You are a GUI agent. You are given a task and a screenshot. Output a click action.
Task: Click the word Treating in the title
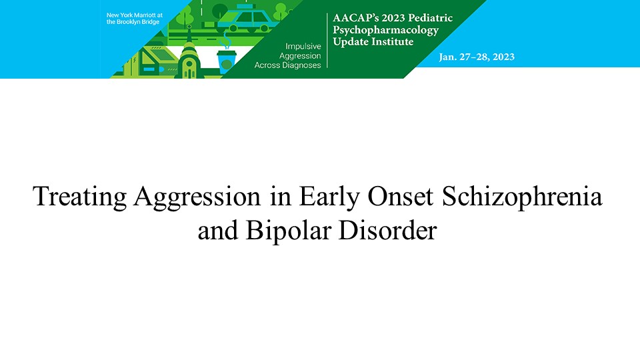[x=79, y=196]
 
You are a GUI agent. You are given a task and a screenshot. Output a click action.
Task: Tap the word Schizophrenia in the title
[x=522, y=196]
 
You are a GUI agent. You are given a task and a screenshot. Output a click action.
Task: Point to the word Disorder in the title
[x=388, y=230]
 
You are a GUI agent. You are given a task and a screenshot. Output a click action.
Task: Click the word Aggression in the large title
[x=197, y=196]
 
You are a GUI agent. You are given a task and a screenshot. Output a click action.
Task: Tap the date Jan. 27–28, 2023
[x=477, y=57]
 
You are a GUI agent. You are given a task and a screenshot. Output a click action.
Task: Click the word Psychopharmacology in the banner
[x=386, y=30]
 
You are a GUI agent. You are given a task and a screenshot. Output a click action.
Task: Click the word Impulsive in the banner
[x=303, y=46]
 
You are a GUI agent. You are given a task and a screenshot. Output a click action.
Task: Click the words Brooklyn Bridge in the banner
[x=138, y=21]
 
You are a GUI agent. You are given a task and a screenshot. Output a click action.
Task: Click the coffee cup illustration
[x=227, y=61]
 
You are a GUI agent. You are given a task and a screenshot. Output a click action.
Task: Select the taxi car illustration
[x=244, y=19]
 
